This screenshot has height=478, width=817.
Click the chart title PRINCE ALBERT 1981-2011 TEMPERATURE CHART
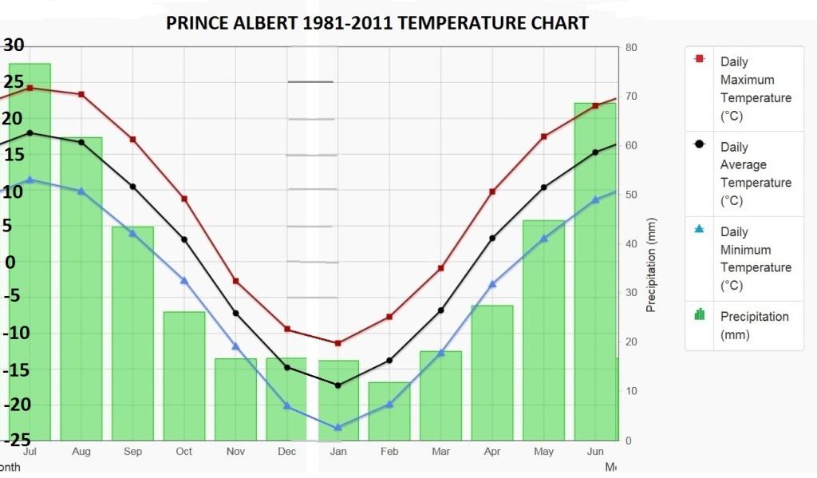click(377, 22)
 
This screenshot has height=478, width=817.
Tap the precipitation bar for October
click(184, 375)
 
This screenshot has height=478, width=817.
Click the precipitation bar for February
click(389, 411)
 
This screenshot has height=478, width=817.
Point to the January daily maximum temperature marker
click(337, 343)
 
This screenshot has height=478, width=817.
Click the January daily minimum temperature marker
click(337, 428)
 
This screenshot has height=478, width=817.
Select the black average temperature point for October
click(184, 239)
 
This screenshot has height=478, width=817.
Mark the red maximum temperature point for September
click(132, 140)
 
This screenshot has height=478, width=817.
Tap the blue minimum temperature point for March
click(440, 353)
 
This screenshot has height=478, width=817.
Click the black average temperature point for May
click(543, 188)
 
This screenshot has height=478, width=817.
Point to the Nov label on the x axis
click(235, 452)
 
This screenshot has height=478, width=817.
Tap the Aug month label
click(81, 452)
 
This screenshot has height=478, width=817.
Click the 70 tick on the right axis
click(630, 97)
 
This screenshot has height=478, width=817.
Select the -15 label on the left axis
click(15, 370)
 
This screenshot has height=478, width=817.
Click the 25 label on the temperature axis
click(14, 82)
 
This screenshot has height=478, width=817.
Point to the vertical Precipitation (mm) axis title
click(651, 264)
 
